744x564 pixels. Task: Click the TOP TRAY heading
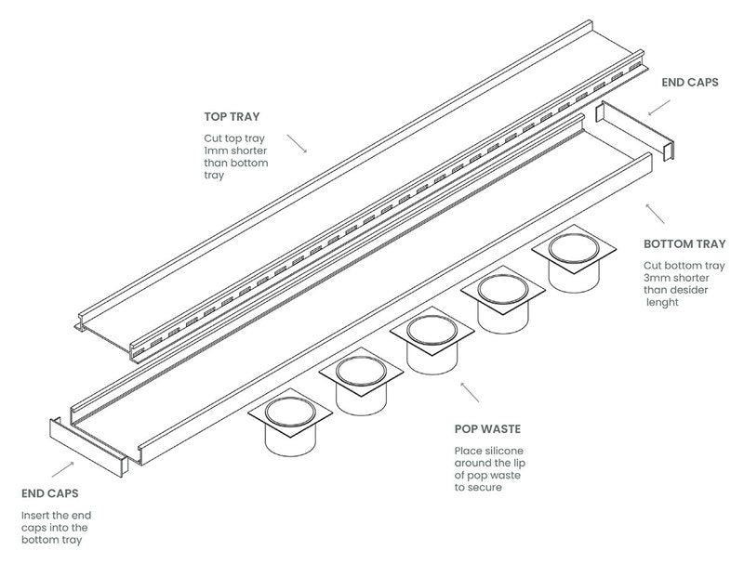tap(232, 117)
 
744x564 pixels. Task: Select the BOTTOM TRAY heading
tap(684, 244)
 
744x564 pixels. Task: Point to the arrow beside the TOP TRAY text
tap(297, 142)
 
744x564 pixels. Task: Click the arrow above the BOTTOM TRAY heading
tap(656, 213)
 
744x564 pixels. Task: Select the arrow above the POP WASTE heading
tap(470, 390)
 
